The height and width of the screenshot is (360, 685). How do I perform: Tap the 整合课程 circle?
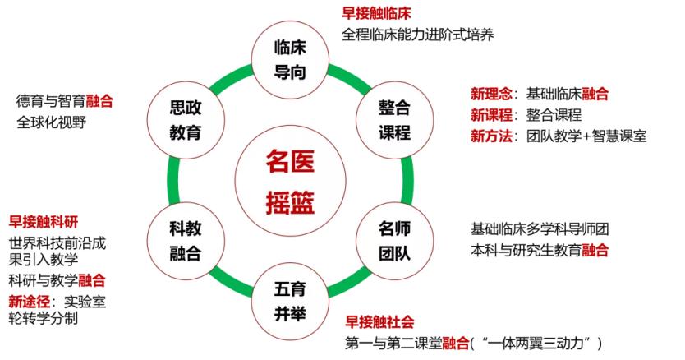tap(394, 119)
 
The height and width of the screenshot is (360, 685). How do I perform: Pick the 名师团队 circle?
tap(394, 239)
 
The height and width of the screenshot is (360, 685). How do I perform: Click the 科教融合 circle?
tap(186, 239)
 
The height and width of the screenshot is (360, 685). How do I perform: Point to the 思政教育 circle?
tap(186, 119)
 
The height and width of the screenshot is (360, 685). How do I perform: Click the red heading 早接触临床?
tap(376, 13)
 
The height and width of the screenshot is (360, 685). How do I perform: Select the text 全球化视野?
tap(51, 122)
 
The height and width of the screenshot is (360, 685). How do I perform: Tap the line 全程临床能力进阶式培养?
tap(418, 36)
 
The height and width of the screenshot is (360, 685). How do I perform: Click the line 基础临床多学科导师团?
tap(540, 228)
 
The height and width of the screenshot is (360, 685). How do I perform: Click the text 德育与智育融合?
tap(64, 101)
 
